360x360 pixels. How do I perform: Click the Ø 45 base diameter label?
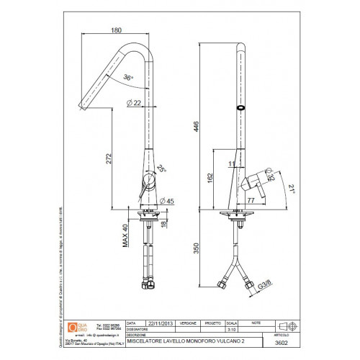coord(168,200)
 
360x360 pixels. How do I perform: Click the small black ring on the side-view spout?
coord(240,107)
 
